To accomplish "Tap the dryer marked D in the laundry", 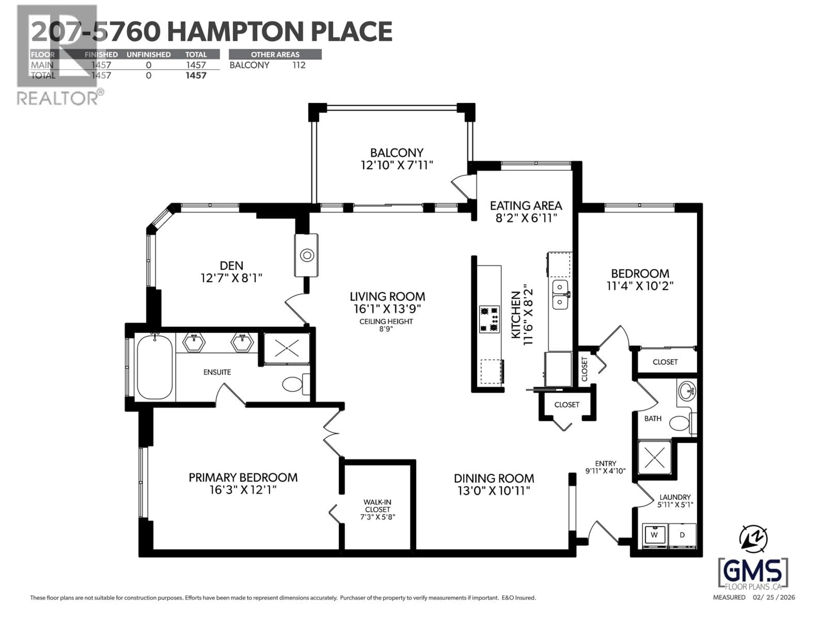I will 682,535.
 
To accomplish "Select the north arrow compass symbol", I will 753,539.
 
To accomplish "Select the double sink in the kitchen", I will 560,295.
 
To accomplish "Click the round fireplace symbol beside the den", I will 307,256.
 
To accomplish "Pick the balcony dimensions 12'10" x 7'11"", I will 397,165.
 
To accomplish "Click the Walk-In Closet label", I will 378,506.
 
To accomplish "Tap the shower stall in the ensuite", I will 287,348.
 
